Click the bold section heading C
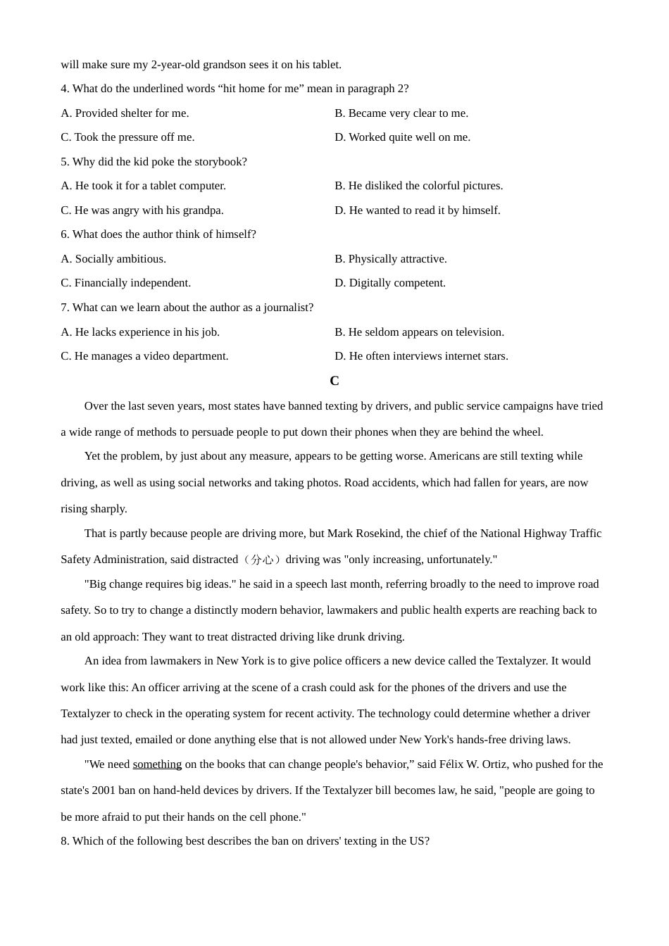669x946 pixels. (x=334, y=381)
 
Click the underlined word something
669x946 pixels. (x=157, y=764)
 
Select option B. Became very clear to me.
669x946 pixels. (x=401, y=113)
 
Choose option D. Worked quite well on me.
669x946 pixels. (x=402, y=137)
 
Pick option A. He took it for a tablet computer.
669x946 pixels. (x=143, y=186)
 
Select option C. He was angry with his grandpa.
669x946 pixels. (x=142, y=210)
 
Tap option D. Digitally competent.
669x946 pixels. (x=389, y=283)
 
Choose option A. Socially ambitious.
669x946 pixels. (x=113, y=259)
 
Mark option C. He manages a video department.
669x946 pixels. (x=144, y=356)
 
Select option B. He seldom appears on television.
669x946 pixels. (x=419, y=332)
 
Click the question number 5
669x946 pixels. (x=64, y=162)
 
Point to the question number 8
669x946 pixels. (x=64, y=841)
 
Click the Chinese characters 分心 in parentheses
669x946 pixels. (x=262, y=560)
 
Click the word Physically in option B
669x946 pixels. (x=373, y=259)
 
